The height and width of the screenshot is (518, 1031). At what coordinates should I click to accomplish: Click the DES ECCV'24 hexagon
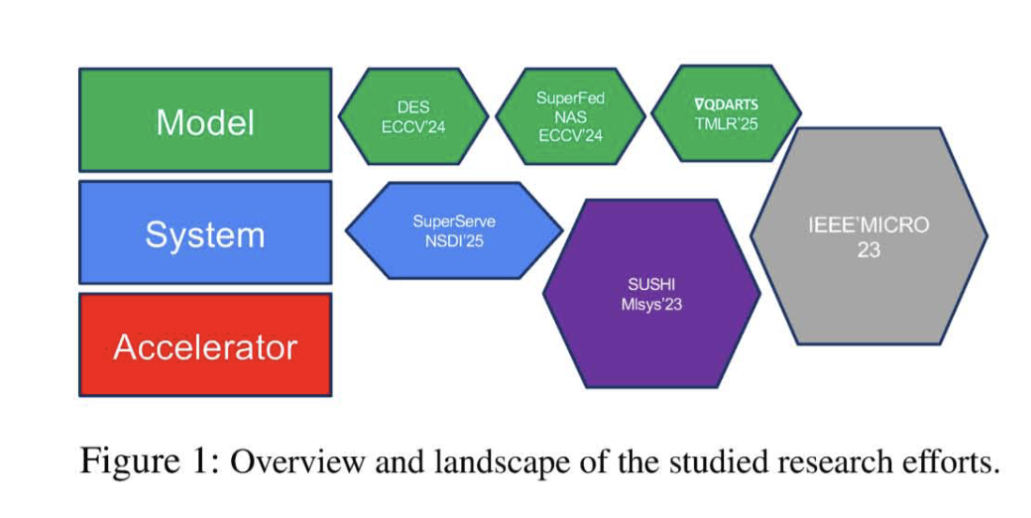pos(413,116)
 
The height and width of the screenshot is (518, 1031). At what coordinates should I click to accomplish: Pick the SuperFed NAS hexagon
pos(570,116)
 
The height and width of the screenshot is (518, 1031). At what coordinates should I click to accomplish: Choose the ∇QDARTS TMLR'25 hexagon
pos(726,112)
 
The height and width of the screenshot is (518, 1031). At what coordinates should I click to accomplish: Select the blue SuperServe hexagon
pos(454,231)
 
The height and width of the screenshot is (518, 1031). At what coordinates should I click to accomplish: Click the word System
pos(205,234)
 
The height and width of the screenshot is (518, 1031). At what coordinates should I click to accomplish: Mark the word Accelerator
pos(205,347)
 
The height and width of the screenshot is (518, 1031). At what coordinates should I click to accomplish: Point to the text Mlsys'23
pos(651,304)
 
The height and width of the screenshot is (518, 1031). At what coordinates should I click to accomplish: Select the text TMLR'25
pos(726,123)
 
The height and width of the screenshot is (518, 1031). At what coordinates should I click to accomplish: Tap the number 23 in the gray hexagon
pos(869,251)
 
